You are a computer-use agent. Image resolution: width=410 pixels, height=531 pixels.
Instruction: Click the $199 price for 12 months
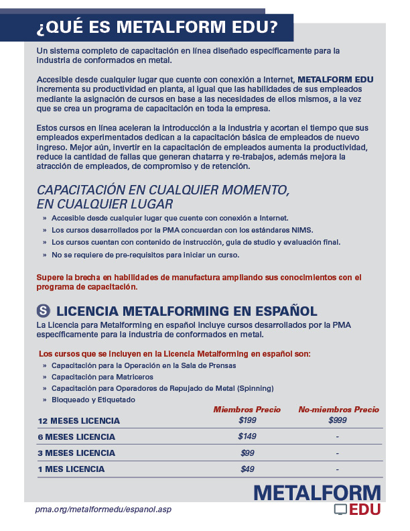(x=247, y=420)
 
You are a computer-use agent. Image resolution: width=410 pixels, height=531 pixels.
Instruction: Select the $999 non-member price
(x=338, y=420)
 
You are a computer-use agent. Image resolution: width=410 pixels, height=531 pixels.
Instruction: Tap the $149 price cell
(x=247, y=436)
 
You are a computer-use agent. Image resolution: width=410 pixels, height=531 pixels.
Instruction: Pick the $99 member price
(x=247, y=453)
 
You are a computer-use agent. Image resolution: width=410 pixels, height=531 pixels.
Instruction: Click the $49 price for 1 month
(x=247, y=469)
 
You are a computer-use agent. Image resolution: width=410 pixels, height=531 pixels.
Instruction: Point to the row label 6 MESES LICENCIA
(x=76, y=437)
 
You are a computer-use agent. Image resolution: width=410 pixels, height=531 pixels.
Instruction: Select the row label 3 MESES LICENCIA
(x=76, y=453)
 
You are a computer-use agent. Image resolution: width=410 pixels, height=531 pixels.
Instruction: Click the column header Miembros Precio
(x=247, y=409)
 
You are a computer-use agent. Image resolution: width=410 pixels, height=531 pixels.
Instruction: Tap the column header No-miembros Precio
(x=338, y=409)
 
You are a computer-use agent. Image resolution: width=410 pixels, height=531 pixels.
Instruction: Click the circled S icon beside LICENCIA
(x=44, y=310)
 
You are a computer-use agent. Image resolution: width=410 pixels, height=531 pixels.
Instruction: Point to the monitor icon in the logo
(x=340, y=510)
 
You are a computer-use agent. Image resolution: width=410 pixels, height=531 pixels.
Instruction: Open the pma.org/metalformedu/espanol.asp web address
(x=104, y=510)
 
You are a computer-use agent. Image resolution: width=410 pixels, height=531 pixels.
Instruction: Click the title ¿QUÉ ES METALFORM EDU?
(x=157, y=27)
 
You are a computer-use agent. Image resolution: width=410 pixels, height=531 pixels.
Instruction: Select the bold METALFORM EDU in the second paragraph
(x=336, y=79)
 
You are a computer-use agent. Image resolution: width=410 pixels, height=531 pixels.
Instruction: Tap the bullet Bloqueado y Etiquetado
(x=93, y=400)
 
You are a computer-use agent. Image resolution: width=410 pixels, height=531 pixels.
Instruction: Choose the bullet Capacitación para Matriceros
(x=102, y=377)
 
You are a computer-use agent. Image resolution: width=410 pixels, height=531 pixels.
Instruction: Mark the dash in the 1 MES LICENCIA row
(x=338, y=469)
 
